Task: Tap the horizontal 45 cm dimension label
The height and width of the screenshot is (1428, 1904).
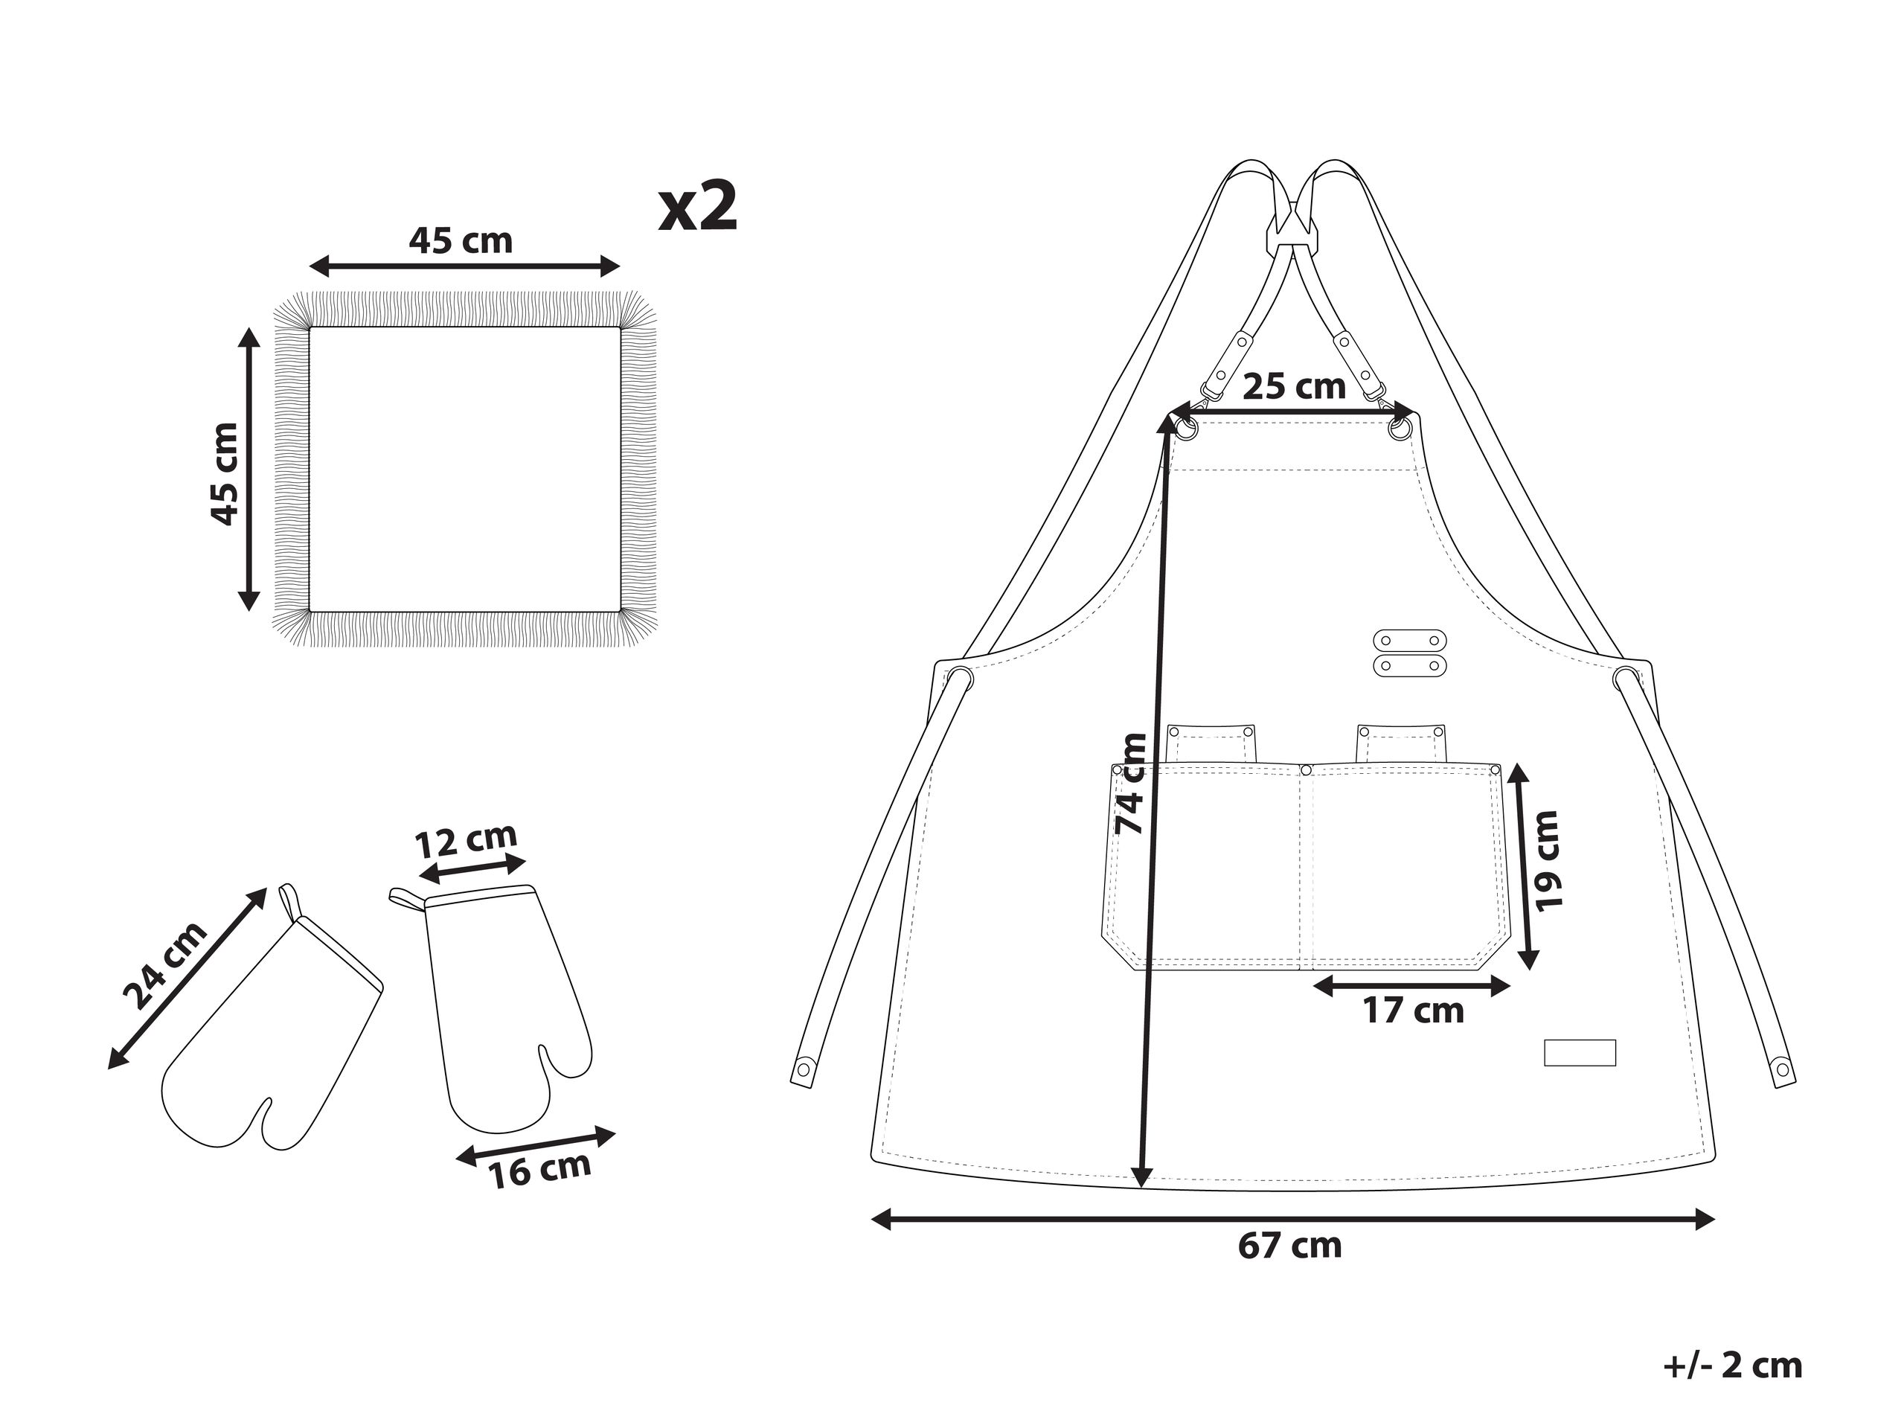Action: (x=461, y=240)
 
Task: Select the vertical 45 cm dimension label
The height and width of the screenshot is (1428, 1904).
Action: (x=225, y=473)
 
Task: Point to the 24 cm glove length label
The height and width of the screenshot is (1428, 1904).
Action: (x=164, y=965)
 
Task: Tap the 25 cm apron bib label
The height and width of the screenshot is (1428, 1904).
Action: (x=1293, y=386)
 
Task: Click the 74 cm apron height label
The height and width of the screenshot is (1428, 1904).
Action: (x=1129, y=784)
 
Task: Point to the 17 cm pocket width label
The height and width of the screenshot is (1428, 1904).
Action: (x=1412, y=1011)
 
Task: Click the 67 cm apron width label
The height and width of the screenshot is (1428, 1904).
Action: (x=1289, y=1246)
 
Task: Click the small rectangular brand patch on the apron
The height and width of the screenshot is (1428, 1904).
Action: (x=1579, y=1053)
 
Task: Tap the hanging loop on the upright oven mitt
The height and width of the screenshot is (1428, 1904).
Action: (x=407, y=897)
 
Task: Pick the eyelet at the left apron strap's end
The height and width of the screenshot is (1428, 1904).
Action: (x=804, y=1070)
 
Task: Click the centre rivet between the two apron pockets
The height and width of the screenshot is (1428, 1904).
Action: (x=1305, y=769)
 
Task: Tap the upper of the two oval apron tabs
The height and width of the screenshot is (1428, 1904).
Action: (x=1409, y=641)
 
